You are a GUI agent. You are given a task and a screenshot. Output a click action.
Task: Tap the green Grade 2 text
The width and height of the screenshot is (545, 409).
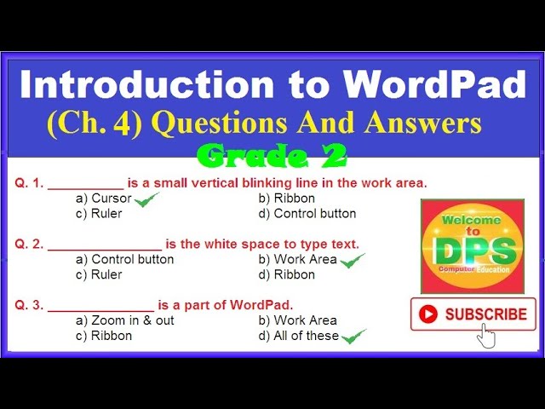pyautogui.click(x=271, y=155)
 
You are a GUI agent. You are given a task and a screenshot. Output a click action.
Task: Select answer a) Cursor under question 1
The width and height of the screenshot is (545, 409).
pyautogui.click(x=104, y=199)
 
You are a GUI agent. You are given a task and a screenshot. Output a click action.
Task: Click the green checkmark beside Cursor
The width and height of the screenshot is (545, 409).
pyautogui.click(x=146, y=199)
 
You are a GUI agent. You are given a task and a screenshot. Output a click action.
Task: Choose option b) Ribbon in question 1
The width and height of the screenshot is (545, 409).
pyautogui.click(x=287, y=199)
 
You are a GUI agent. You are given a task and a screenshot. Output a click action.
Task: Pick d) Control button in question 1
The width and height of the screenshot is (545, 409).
pyautogui.click(x=307, y=214)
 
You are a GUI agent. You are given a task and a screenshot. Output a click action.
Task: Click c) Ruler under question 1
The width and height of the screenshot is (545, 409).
pyautogui.click(x=99, y=214)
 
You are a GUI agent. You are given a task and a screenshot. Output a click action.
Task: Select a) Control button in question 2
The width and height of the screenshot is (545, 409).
pyautogui.click(x=124, y=260)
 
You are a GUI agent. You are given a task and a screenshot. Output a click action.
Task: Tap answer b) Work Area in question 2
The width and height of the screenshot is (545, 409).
pyautogui.click(x=298, y=260)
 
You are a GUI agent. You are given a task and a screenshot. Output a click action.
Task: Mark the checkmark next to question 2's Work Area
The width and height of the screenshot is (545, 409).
pyautogui.click(x=352, y=261)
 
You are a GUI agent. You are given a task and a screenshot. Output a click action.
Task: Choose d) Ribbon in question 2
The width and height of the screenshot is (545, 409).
pyautogui.click(x=287, y=275)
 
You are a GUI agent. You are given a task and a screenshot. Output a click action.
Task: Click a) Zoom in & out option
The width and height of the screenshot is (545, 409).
pyautogui.click(x=125, y=321)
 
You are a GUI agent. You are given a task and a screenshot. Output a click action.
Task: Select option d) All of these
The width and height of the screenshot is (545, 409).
pyautogui.click(x=298, y=336)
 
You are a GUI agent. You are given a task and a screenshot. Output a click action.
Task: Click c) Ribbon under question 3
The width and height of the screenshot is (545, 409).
pyautogui.click(x=104, y=336)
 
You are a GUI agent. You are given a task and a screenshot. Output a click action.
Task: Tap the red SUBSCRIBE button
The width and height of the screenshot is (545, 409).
pyautogui.click(x=473, y=314)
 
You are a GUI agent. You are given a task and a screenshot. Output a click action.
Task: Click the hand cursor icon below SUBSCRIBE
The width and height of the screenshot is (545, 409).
pyautogui.click(x=486, y=335)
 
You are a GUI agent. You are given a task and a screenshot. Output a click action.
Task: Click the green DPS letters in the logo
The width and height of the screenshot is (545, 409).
pyautogui.click(x=473, y=250)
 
